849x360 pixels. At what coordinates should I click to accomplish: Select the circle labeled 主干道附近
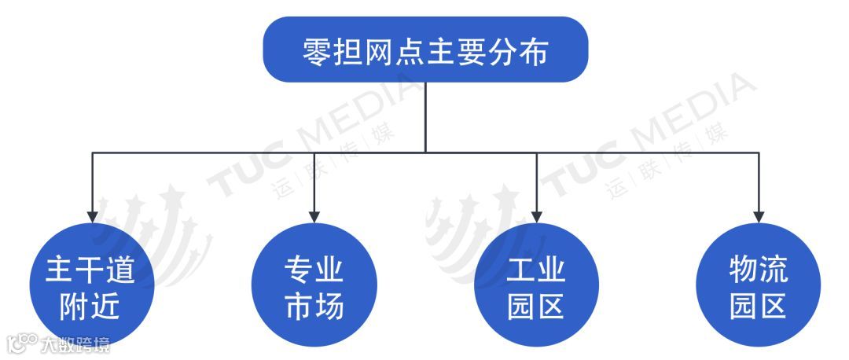pos(92,285)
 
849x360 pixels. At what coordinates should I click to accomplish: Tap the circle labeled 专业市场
pos(314,285)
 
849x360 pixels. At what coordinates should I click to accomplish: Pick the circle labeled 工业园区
pos(536,285)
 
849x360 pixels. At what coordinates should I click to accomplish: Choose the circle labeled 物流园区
pos(759,285)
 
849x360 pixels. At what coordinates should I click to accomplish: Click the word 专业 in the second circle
pos(314,270)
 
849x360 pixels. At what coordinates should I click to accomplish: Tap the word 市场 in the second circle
pos(314,305)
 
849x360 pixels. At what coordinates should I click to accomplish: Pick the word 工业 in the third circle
pos(536,270)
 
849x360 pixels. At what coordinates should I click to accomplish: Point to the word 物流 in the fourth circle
pos(759,270)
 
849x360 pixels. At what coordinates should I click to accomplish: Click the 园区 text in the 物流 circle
pos(759,305)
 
